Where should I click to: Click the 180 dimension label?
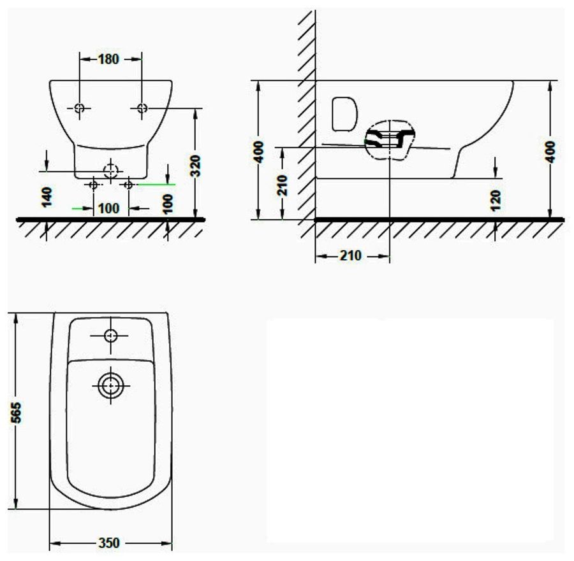[x=108, y=59]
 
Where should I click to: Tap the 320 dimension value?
[x=196, y=166]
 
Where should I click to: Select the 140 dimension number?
[x=47, y=197]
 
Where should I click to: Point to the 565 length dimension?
[x=16, y=413]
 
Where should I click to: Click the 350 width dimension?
[x=109, y=543]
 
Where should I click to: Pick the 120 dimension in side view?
[x=496, y=201]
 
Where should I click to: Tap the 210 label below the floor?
[x=351, y=255]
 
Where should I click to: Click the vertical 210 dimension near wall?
[x=283, y=185]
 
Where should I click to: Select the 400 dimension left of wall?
[x=258, y=152]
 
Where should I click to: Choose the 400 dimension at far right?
[x=550, y=152]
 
